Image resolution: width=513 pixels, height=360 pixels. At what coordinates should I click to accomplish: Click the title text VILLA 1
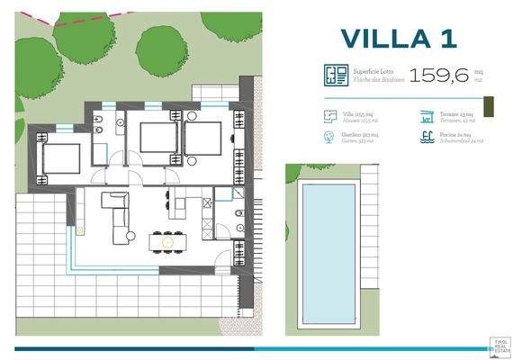point(400,39)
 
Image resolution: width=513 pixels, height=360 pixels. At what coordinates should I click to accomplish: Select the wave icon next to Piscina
point(427,138)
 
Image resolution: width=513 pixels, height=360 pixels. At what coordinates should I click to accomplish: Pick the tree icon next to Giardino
point(328,138)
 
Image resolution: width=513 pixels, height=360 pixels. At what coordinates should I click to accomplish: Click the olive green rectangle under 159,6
point(490,106)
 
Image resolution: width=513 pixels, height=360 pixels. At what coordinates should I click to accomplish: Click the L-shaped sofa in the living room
point(119,216)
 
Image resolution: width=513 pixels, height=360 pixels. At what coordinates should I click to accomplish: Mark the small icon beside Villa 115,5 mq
point(328,117)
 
